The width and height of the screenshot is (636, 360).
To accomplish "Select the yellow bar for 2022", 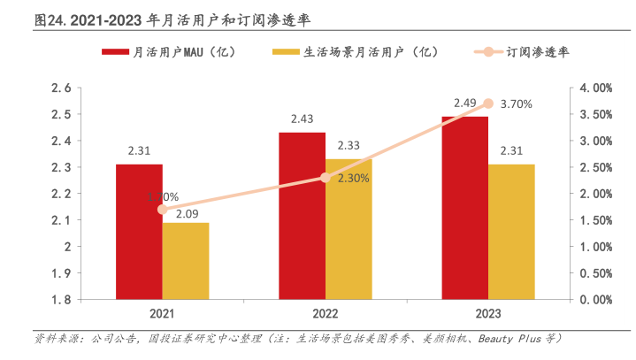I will click(349, 229).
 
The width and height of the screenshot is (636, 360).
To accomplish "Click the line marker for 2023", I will click(488, 103).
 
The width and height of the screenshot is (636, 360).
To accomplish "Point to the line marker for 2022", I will click(326, 178).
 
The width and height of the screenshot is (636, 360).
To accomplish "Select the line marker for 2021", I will click(162, 210).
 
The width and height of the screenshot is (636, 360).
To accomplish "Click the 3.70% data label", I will click(516, 104).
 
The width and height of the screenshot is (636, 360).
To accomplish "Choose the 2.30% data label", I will click(353, 178).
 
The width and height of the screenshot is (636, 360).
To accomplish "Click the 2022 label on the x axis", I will click(326, 314).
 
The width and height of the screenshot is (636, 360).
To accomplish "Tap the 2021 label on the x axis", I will click(162, 314).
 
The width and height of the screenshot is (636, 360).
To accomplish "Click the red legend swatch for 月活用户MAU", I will click(115, 52).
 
